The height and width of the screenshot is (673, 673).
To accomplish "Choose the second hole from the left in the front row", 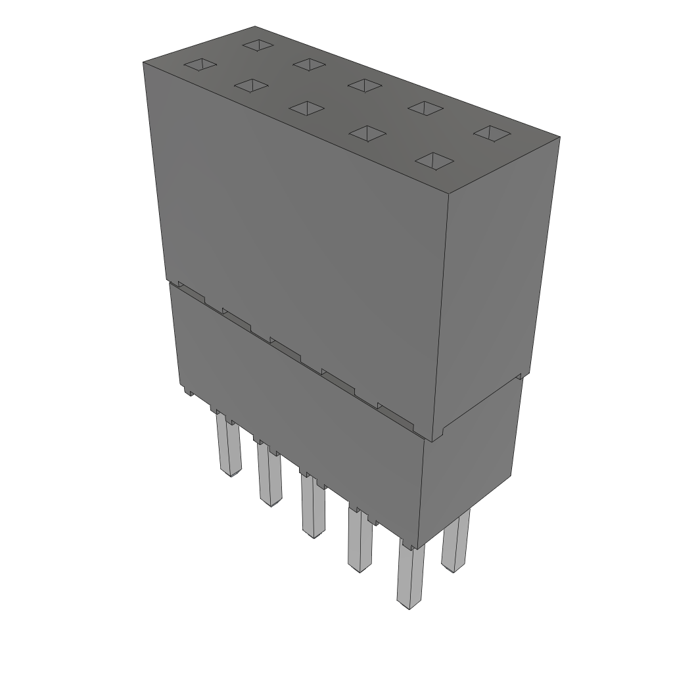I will pos(251,85).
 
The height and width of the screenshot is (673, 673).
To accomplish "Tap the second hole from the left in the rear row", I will pos(308,64).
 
